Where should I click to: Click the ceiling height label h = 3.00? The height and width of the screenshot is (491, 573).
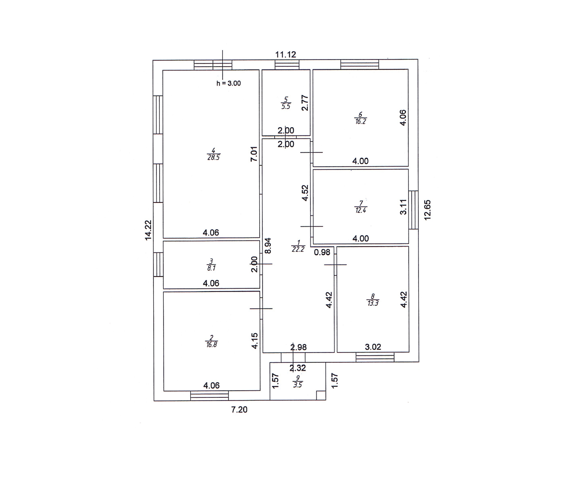[x=228, y=83]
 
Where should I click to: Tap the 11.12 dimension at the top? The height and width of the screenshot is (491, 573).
[x=286, y=55]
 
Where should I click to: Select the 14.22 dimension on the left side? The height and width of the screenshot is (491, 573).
[x=148, y=230]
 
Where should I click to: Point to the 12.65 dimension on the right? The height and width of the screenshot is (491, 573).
[x=428, y=210]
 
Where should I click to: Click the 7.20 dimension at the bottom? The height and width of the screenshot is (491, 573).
[x=239, y=409]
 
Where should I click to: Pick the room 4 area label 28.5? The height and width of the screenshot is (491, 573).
[x=214, y=154]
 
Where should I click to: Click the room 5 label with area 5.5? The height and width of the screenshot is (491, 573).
[x=286, y=103]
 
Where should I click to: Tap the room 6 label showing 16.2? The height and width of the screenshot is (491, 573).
[x=360, y=118]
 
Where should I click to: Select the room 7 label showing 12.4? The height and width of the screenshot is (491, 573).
[x=360, y=207]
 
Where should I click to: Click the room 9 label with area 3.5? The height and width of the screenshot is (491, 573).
[x=298, y=382]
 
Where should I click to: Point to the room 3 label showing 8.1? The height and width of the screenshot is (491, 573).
[x=211, y=265]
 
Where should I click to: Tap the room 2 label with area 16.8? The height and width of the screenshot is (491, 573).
[x=211, y=341]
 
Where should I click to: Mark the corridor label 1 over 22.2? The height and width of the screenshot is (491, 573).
[x=298, y=246]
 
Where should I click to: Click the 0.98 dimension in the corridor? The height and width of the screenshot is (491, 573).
[x=322, y=252]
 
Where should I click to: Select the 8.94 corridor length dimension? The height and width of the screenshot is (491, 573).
[x=268, y=246]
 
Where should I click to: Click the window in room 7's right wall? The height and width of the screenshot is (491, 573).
[x=413, y=210]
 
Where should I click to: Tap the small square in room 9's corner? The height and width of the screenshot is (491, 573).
[x=321, y=395]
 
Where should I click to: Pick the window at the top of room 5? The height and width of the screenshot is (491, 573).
[x=287, y=65]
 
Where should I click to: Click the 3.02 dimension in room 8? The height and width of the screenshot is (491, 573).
[x=373, y=347]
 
